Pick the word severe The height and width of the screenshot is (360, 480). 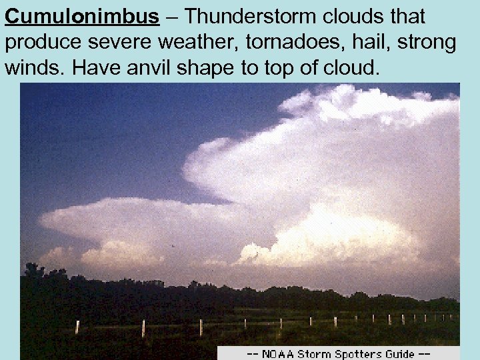(x=128, y=43)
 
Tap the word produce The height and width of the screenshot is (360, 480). (x=44, y=43)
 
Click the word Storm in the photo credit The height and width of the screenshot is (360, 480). (x=315, y=354)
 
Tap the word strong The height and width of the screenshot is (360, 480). (x=425, y=43)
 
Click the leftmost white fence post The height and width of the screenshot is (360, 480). (x=77, y=327)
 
